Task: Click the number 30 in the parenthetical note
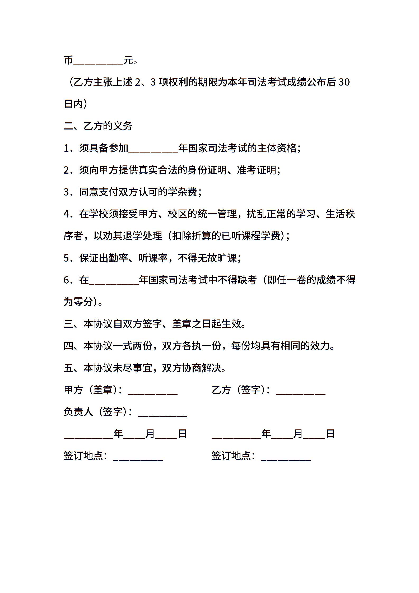344,82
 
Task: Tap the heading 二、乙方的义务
98,126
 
